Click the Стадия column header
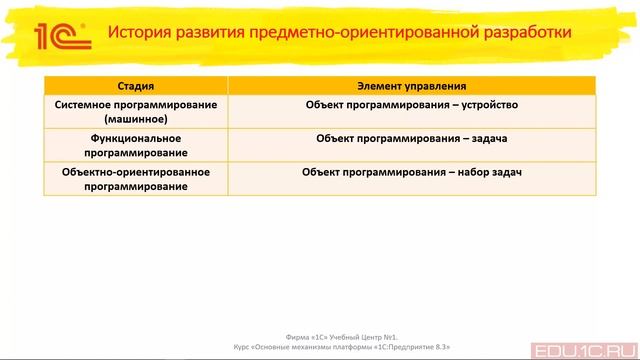[135, 86]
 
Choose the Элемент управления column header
[411, 86]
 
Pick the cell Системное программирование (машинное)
[135, 110]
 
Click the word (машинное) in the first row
[135, 118]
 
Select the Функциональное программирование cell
[135, 145]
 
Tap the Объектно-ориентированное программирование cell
[135, 179]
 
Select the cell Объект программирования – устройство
[411, 103]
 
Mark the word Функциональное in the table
[135, 138]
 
